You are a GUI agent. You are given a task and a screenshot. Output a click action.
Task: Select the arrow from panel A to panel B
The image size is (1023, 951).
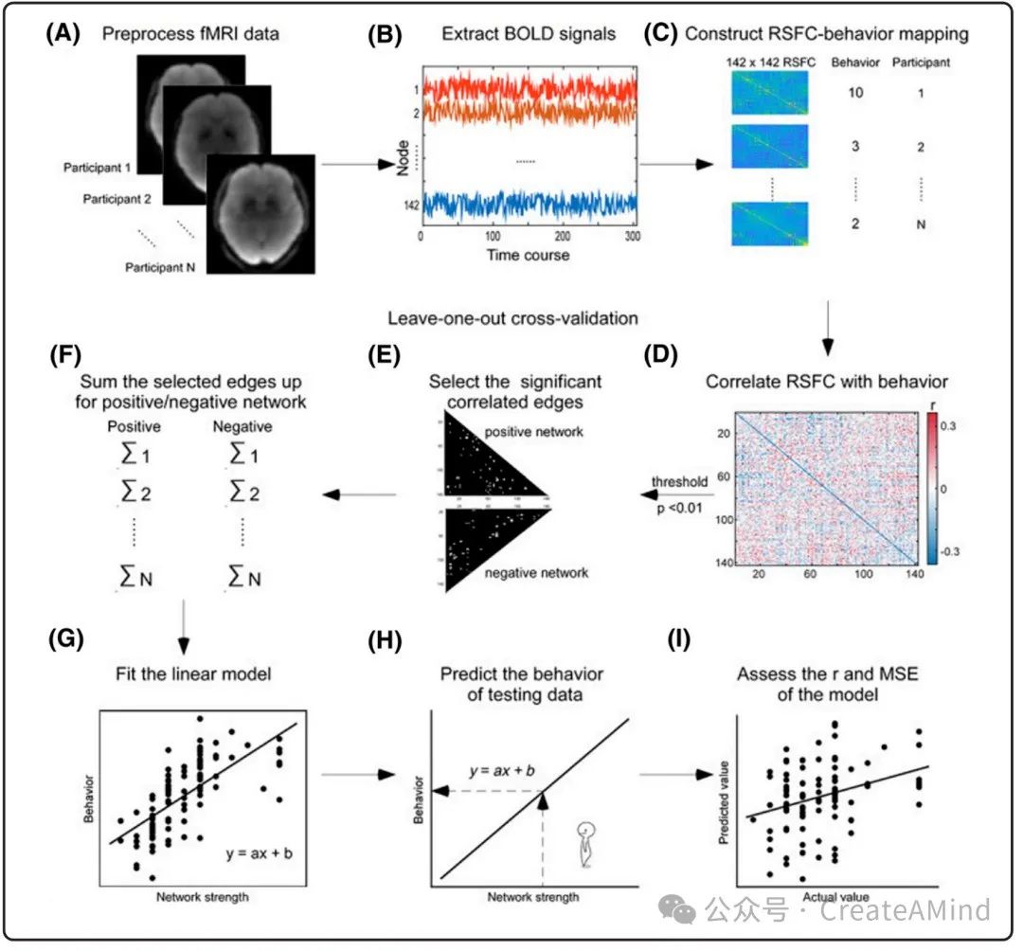[x=357, y=164]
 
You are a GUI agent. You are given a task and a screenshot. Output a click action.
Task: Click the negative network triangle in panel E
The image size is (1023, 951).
[x=493, y=549]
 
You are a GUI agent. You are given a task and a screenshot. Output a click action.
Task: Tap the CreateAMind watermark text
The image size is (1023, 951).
[x=905, y=910]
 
